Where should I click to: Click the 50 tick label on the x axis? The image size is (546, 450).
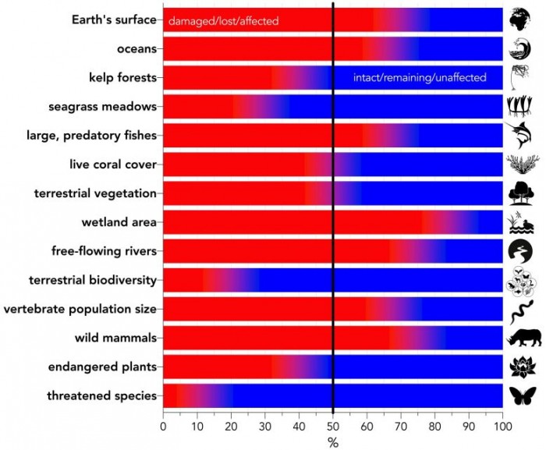[x=333, y=426]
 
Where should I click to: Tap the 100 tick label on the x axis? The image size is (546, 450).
[x=502, y=426]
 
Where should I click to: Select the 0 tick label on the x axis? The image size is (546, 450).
[x=163, y=426]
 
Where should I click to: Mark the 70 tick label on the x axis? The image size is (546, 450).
[x=401, y=426]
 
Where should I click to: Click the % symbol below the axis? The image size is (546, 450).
[x=333, y=442]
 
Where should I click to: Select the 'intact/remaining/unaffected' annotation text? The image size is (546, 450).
[x=420, y=77]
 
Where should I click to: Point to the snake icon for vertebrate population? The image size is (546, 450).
[x=520, y=310]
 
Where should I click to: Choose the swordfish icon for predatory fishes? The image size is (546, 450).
[x=520, y=134]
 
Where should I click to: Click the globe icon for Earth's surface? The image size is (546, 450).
[x=520, y=19]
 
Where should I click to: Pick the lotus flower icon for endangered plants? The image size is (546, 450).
[x=520, y=367]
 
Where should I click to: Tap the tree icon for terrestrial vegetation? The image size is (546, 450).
[x=520, y=193]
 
